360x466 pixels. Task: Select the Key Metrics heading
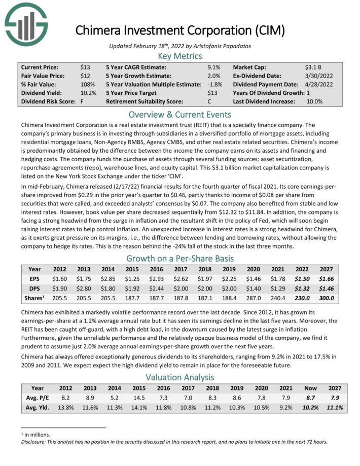pos(179,56)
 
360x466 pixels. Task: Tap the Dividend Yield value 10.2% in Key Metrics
pos(88,93)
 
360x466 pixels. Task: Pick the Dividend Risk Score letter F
pos(82,101)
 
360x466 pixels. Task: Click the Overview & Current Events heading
pos(179,114)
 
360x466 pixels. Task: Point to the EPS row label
pos(35,278)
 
